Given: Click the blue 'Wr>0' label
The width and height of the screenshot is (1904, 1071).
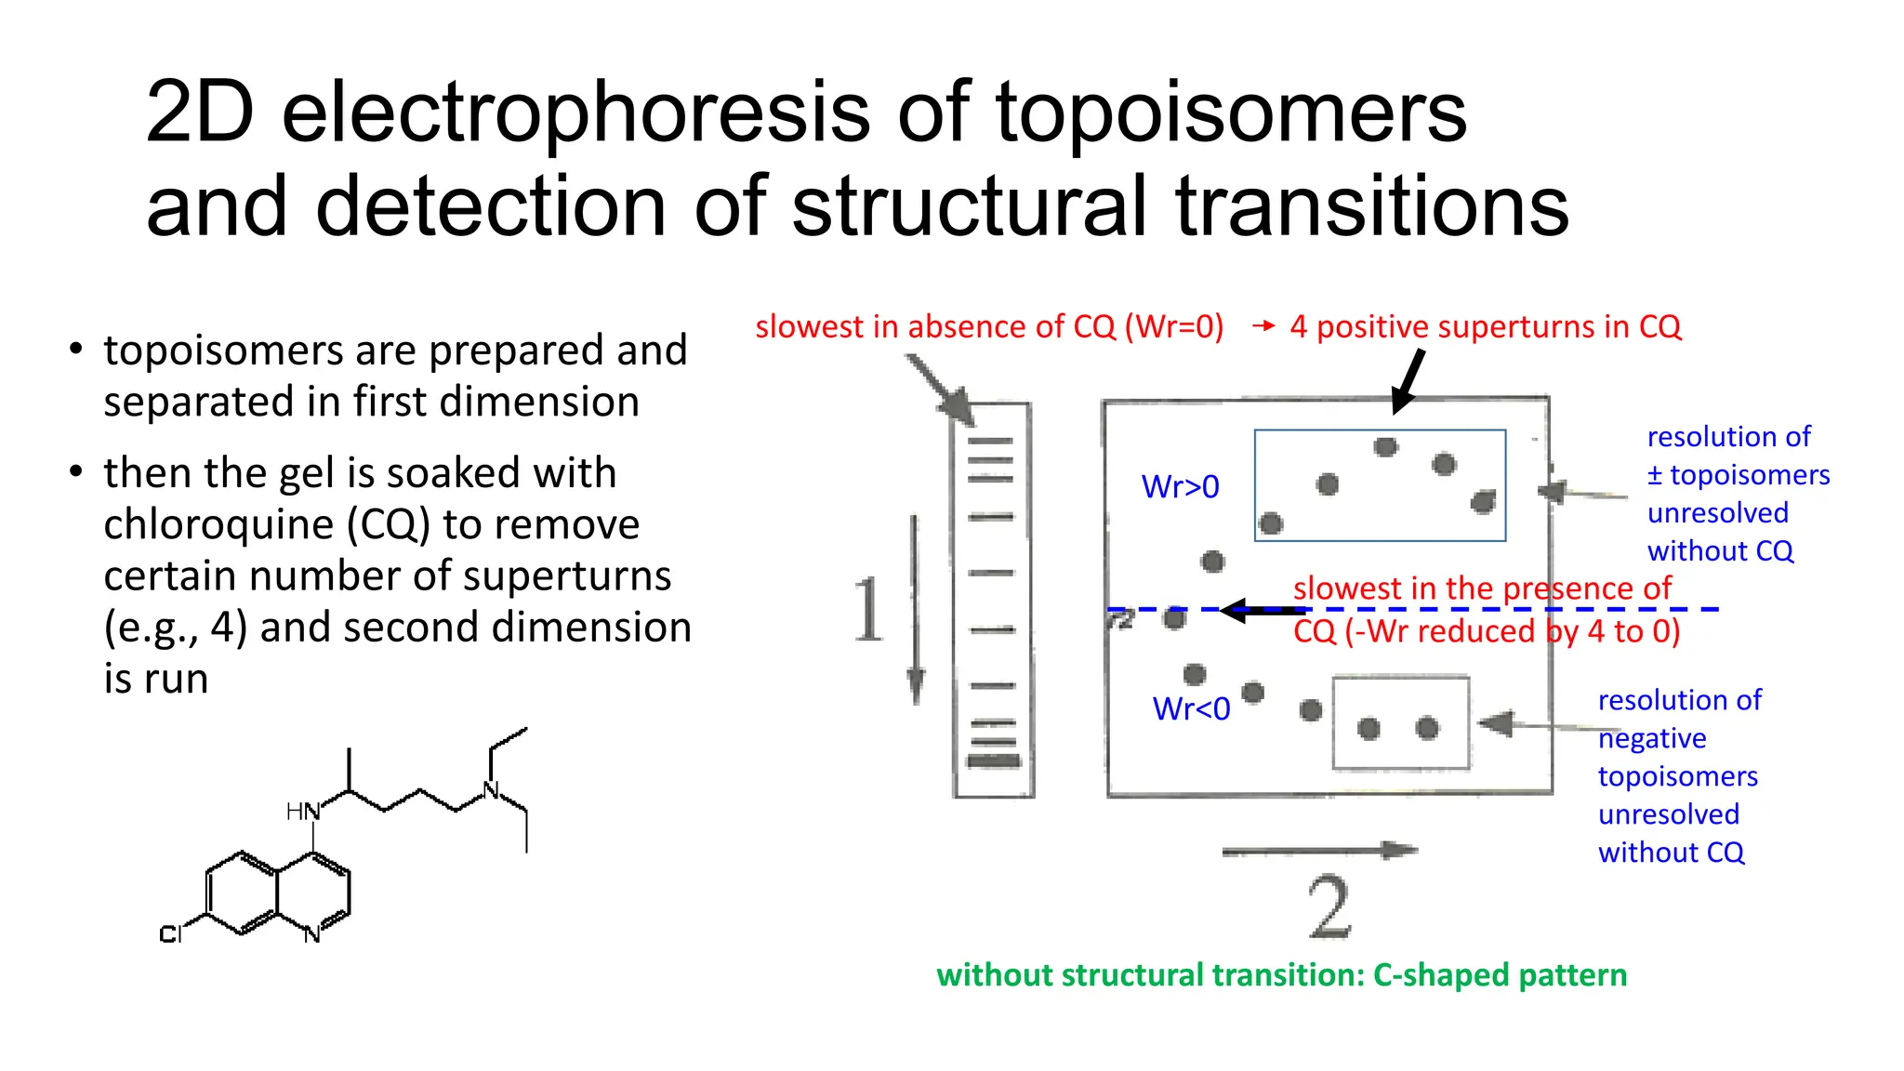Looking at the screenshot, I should coord(1180,487).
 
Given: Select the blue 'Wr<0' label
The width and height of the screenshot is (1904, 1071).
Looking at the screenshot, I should coord(1191,709).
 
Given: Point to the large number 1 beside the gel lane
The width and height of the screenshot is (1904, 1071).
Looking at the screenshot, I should coord(868,610).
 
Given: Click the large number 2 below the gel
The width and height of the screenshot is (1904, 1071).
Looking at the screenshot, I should coord(1329,907).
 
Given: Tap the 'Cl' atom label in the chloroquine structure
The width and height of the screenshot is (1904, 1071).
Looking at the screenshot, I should coord(170,934).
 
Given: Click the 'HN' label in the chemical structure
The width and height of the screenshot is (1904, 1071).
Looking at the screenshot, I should coord(302,812).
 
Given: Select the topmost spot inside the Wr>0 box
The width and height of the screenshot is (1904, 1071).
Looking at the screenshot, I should coord(1385,447).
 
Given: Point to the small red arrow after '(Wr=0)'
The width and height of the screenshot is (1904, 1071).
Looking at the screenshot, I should coord(1263,326).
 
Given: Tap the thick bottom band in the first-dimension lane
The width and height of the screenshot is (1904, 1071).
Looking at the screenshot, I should coord(993,761).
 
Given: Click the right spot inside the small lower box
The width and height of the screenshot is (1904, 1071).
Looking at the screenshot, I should coord(1427,728).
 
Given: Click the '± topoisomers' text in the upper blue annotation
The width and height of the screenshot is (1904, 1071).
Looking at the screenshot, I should coord(1738,475).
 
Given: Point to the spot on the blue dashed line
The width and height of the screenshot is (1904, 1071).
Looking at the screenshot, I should coord(1175,617).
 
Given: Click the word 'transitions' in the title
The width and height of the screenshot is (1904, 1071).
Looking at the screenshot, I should coord(1372,207).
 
